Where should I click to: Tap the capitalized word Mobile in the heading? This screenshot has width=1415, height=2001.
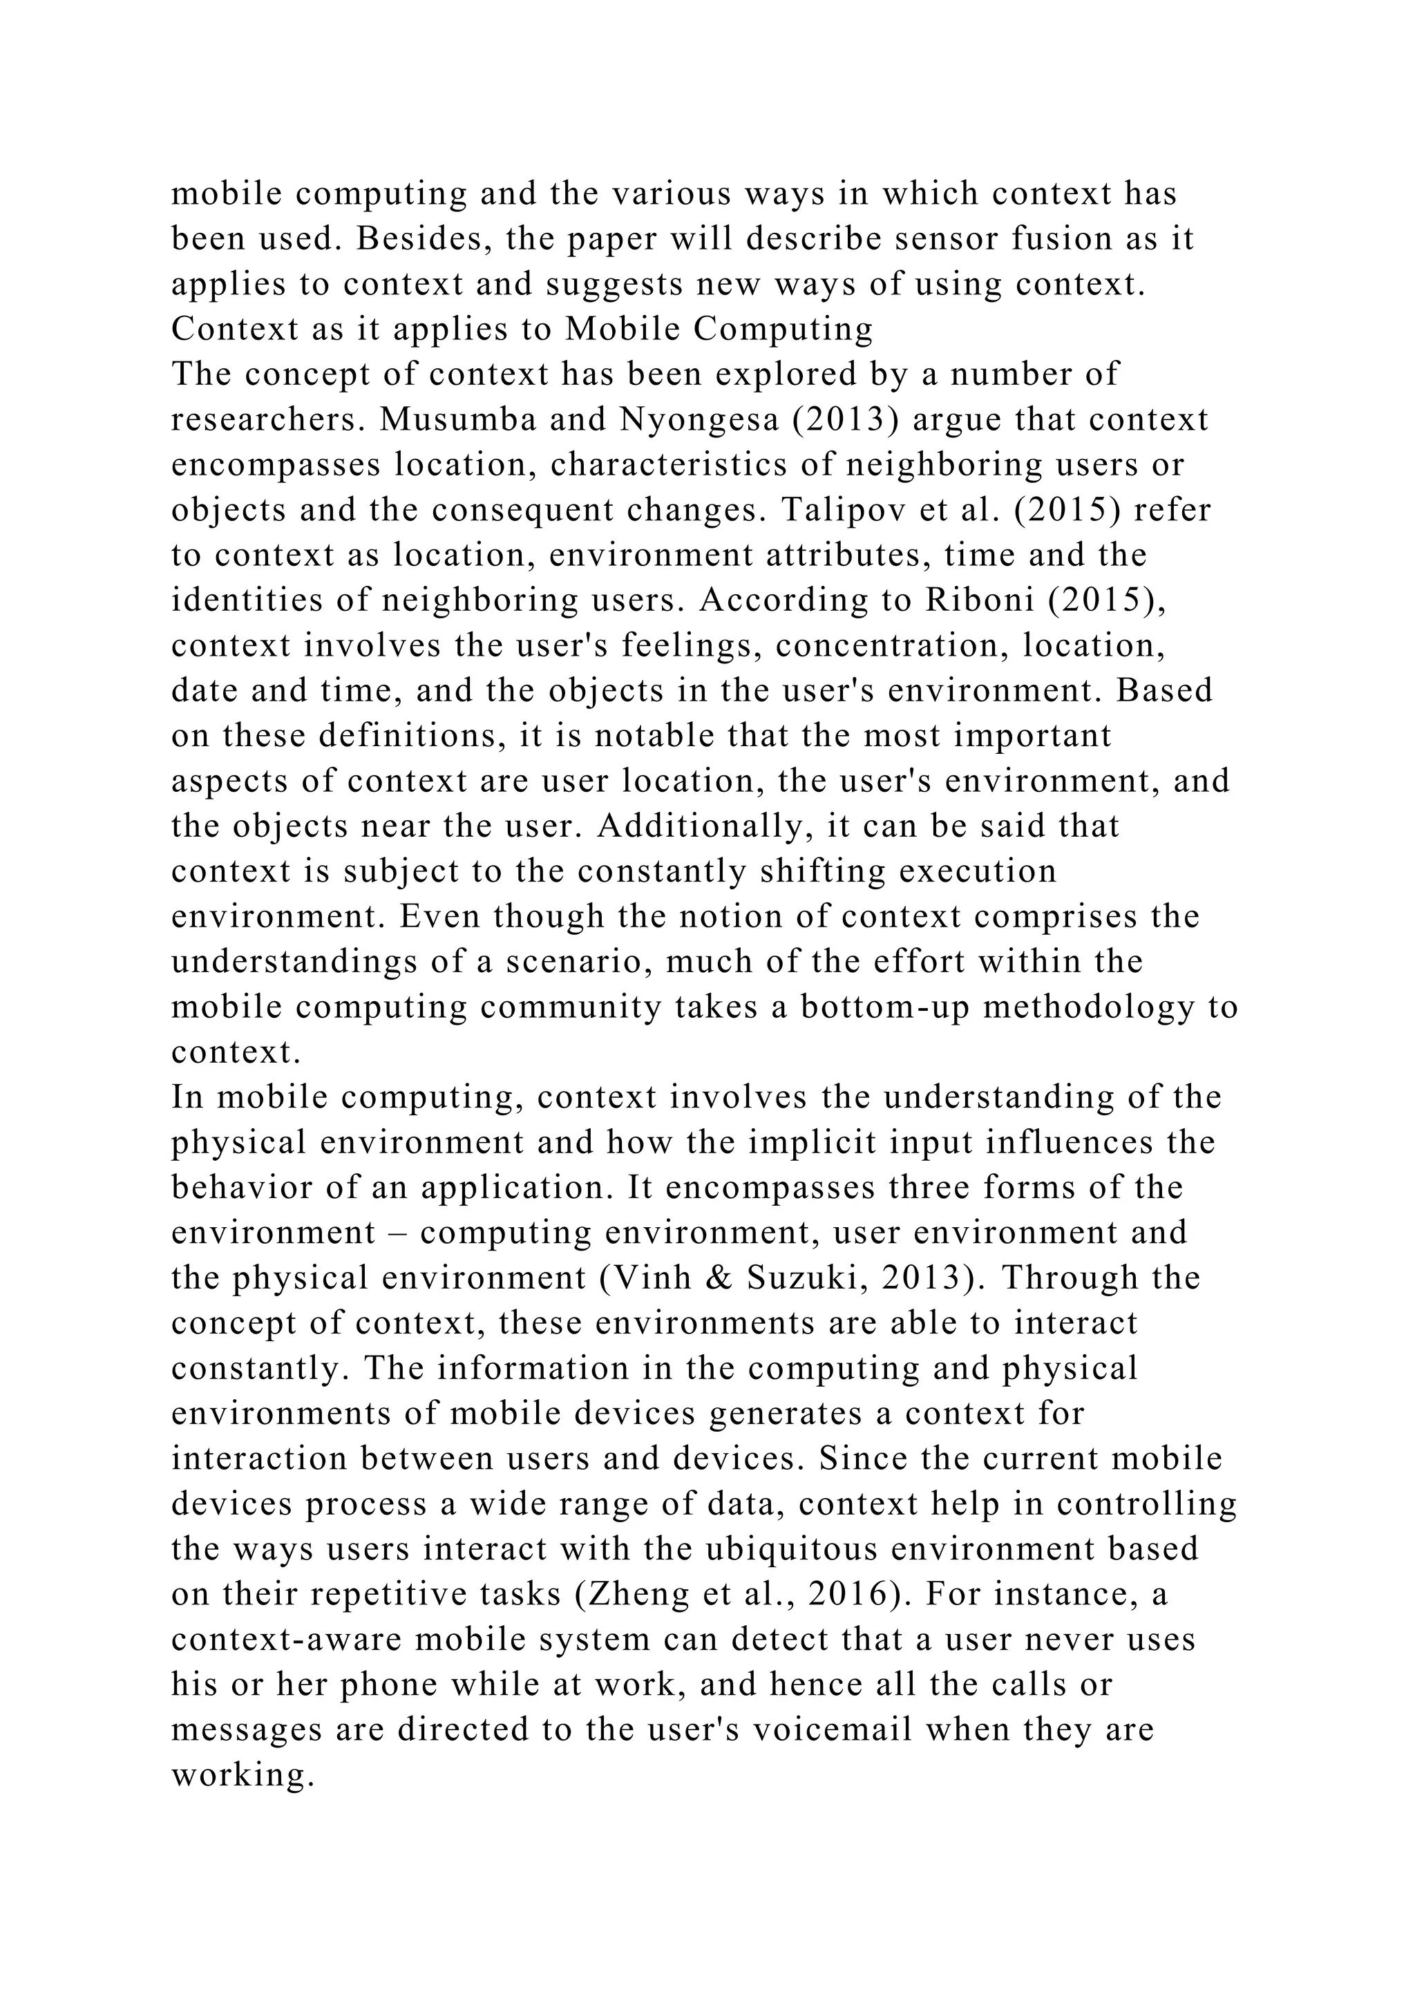[623, 330]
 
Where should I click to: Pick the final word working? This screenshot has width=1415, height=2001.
[241, 1775]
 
